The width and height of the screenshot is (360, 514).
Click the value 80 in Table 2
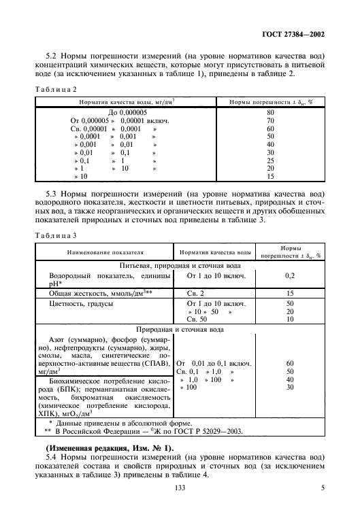270,112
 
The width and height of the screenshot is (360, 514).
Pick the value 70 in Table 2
270,120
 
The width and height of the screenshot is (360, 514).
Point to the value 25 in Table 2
270,160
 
